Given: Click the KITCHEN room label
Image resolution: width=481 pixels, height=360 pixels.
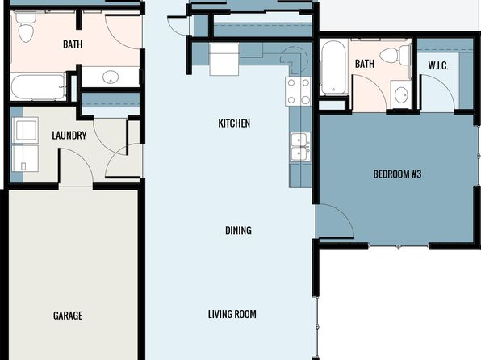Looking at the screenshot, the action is coord(234,123).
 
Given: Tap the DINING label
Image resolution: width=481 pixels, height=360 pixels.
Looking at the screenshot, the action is coord(238,231).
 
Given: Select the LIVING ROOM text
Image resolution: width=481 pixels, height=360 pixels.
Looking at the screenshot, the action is coord(232,314).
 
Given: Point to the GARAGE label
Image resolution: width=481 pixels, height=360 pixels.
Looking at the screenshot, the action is coord(68,316).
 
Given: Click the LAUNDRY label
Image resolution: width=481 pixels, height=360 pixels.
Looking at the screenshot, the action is coord(69,136).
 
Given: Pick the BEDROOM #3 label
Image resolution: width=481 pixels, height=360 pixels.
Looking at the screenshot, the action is coord(397,174).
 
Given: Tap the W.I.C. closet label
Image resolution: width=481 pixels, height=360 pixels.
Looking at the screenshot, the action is coord(438,65).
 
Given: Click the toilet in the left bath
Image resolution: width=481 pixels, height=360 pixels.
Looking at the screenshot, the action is coord(26,27).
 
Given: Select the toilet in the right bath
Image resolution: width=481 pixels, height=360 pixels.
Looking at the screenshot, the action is coord(395,54).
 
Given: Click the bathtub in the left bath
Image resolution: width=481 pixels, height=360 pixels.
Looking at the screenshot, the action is coord(38,87).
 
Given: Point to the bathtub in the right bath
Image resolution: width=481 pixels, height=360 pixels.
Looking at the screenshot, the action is coord(333,68).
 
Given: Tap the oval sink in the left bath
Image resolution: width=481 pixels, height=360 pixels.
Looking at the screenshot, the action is coord(111,77).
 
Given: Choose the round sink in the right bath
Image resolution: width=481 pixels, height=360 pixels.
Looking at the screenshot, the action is coord(401,94).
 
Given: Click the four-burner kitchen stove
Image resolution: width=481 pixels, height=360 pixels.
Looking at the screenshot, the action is coord(298,91).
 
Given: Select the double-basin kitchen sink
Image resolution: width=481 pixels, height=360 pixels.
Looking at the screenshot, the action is coord(299,147).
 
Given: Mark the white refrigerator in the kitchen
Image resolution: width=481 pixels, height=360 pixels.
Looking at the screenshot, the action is coord(224,59).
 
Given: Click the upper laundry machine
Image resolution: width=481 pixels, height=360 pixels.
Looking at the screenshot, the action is coord(26,130).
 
